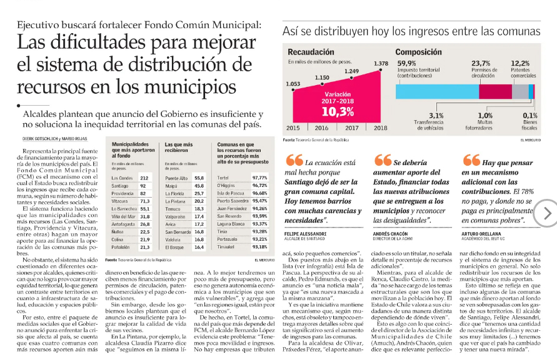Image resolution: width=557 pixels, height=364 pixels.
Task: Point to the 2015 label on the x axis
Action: (x=293, y=128)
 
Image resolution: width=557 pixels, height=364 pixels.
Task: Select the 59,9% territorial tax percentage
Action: (x=406, y=63)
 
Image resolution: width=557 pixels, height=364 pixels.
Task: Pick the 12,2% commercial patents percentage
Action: (x=520, y=63)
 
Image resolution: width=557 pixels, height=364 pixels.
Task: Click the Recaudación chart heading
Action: (x=306, y=51)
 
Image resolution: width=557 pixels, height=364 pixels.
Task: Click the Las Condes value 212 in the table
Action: (x=144, y=178)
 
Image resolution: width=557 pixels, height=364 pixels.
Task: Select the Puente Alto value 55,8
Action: (x=199, y=178)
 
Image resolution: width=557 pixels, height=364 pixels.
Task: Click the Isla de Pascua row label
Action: (x=229, y=193)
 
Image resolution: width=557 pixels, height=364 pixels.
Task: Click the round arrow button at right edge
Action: (x=548, y=213)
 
